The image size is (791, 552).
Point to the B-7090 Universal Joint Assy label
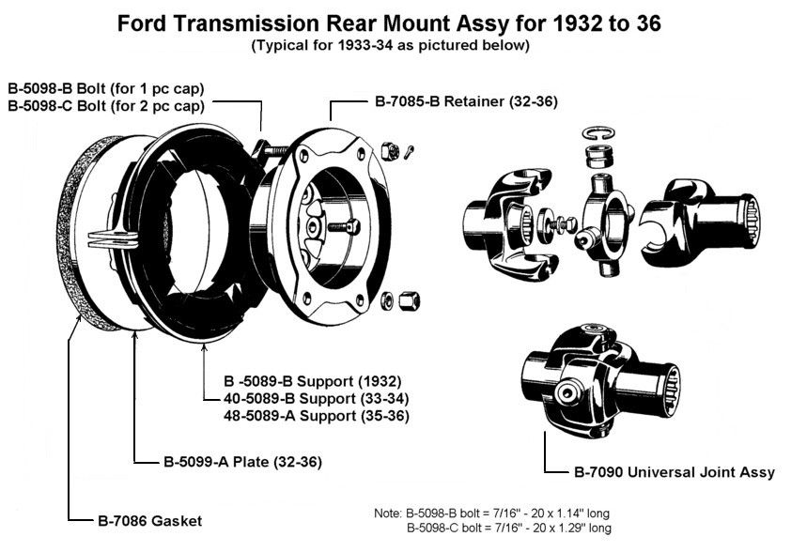[x=674, y=472]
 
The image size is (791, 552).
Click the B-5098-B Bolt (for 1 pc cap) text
[x=106, y=89]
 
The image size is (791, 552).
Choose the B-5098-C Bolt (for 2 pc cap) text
[x=106, y=106]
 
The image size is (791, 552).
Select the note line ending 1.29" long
[x=507, y=529]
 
